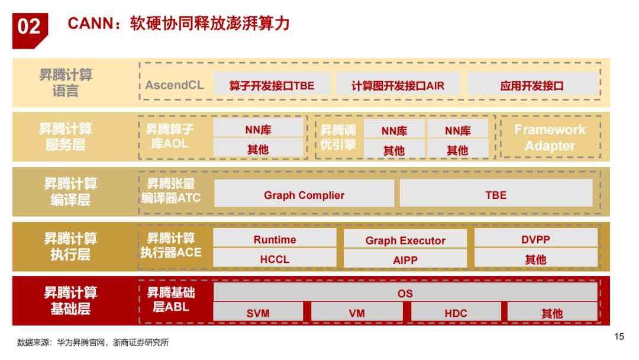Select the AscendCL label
click(x=174, y=85)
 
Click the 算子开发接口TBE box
click(x=272, y=85)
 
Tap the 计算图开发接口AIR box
click(x=398, y=85)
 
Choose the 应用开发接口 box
click(x=532, y=85)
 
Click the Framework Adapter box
click(x=550, y=137)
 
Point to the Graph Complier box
click(x=304, y=195)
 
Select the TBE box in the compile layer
click(x=496, y=195)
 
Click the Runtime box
click(x=275, y=239)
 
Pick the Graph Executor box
click(x=405, y=240)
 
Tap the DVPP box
click(x=535, y=239)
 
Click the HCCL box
click(x=275, y=259)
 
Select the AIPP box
click(x=405, y=259)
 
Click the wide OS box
click(x=405, y=292)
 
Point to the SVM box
click(x=258, y=313)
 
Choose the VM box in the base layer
click(x=357, y=313)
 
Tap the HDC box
click(x=456, y=313)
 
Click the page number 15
click(x=619, y=337)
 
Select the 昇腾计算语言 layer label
click(x=66, y=83)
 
